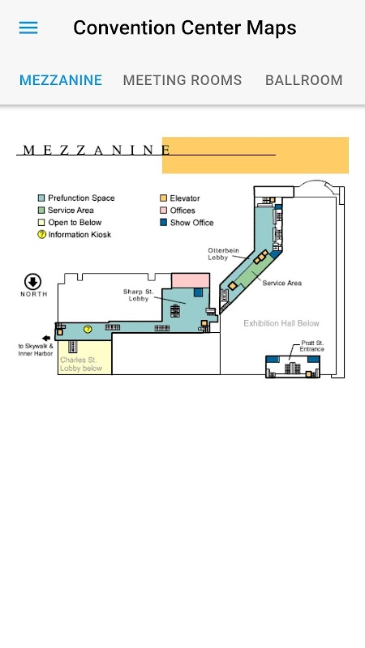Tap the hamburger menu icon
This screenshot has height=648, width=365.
click(x=28, y=28)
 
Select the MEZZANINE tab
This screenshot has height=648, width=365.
click(x=61, y=79)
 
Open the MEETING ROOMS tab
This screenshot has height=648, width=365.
click(x=182, y=79)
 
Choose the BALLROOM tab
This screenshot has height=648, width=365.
click(x=303, y=79)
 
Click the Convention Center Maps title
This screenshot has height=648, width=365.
click(x=185, y=28)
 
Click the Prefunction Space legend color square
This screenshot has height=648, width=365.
click(x=41, y=198)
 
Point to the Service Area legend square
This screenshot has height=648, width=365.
click(x=41, y=210)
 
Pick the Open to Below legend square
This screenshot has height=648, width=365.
click(x=41, y=222)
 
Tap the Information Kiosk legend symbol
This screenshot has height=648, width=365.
click(x=41, y=234)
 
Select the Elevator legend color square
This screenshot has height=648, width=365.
click(x=164, y=198)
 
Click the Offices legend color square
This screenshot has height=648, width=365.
click(x=164, y=210)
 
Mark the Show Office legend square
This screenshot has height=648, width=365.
click(x=164, y=222)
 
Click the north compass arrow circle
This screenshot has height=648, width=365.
click(x=32, y=282)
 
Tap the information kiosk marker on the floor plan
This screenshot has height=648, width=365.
click(x=88, y=329)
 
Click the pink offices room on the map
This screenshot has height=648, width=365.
click(x=191, y=280)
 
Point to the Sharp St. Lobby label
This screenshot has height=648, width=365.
click(x=138, y=295)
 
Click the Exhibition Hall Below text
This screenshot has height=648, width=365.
click(x=281, y=323)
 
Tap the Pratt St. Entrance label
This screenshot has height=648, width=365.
click(x=312, y=346)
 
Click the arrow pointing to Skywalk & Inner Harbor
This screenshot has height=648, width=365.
click(x=46, y=338)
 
